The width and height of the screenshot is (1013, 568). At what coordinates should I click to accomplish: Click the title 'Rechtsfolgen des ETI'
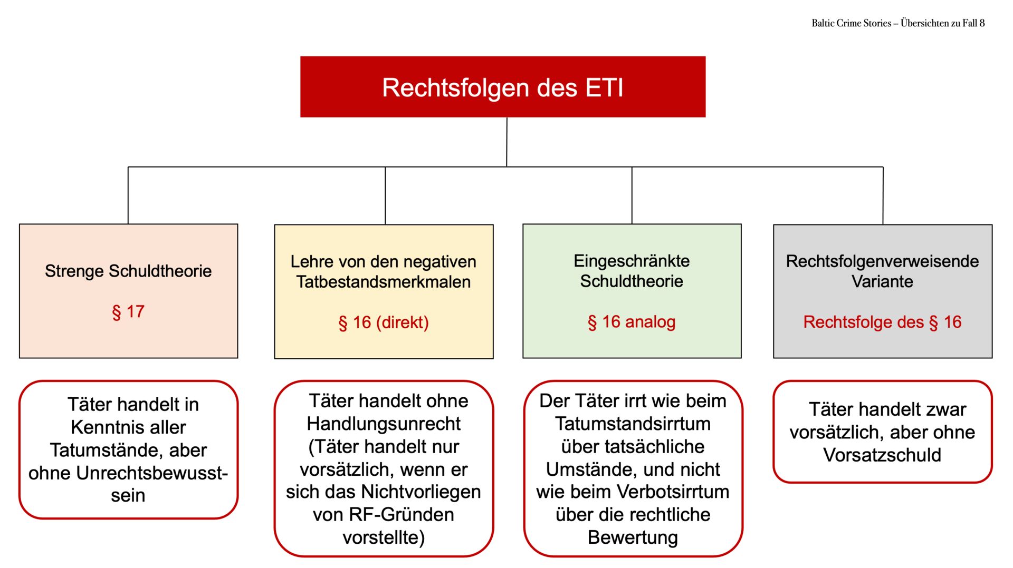503,87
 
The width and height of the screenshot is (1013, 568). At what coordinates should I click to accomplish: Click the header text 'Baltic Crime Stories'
851,23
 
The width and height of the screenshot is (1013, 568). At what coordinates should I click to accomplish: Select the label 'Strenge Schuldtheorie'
128,271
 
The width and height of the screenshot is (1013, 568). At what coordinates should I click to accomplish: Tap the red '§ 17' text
128,311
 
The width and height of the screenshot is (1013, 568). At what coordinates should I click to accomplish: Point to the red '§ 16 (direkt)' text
384,322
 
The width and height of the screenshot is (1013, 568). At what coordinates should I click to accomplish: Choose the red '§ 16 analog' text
632,321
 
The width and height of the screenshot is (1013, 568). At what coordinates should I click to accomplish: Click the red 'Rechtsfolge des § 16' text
882,322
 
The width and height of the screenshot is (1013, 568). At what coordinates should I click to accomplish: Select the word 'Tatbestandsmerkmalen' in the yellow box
384,282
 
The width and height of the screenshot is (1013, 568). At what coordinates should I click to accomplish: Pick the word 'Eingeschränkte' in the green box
632,261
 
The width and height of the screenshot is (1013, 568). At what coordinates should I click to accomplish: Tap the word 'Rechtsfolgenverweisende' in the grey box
882,261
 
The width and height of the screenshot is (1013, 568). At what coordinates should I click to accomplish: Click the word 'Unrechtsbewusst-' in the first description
152,473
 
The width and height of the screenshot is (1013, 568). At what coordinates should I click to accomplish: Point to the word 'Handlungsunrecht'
384,424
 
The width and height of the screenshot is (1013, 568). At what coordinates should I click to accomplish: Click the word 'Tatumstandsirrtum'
633,424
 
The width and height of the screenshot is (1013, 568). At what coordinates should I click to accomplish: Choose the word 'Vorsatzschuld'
882,455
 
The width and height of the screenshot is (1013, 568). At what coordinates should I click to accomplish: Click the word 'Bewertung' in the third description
633,537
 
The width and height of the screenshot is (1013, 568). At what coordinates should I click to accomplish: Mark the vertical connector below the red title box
506,142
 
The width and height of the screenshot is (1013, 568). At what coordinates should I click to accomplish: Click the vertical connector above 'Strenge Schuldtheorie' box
128,195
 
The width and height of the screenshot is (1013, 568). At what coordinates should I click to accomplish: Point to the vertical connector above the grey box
883,195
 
